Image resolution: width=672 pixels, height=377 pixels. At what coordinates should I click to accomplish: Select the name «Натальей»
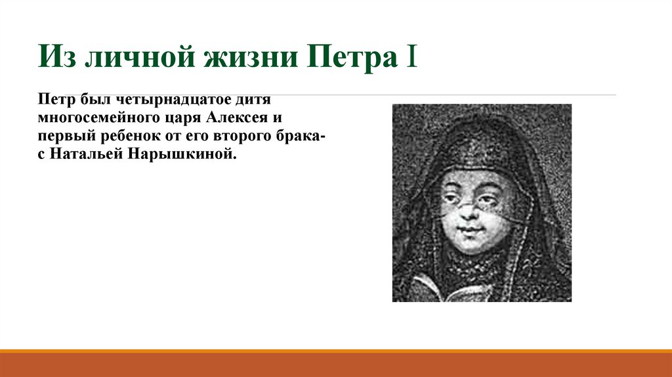coord(83,154)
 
